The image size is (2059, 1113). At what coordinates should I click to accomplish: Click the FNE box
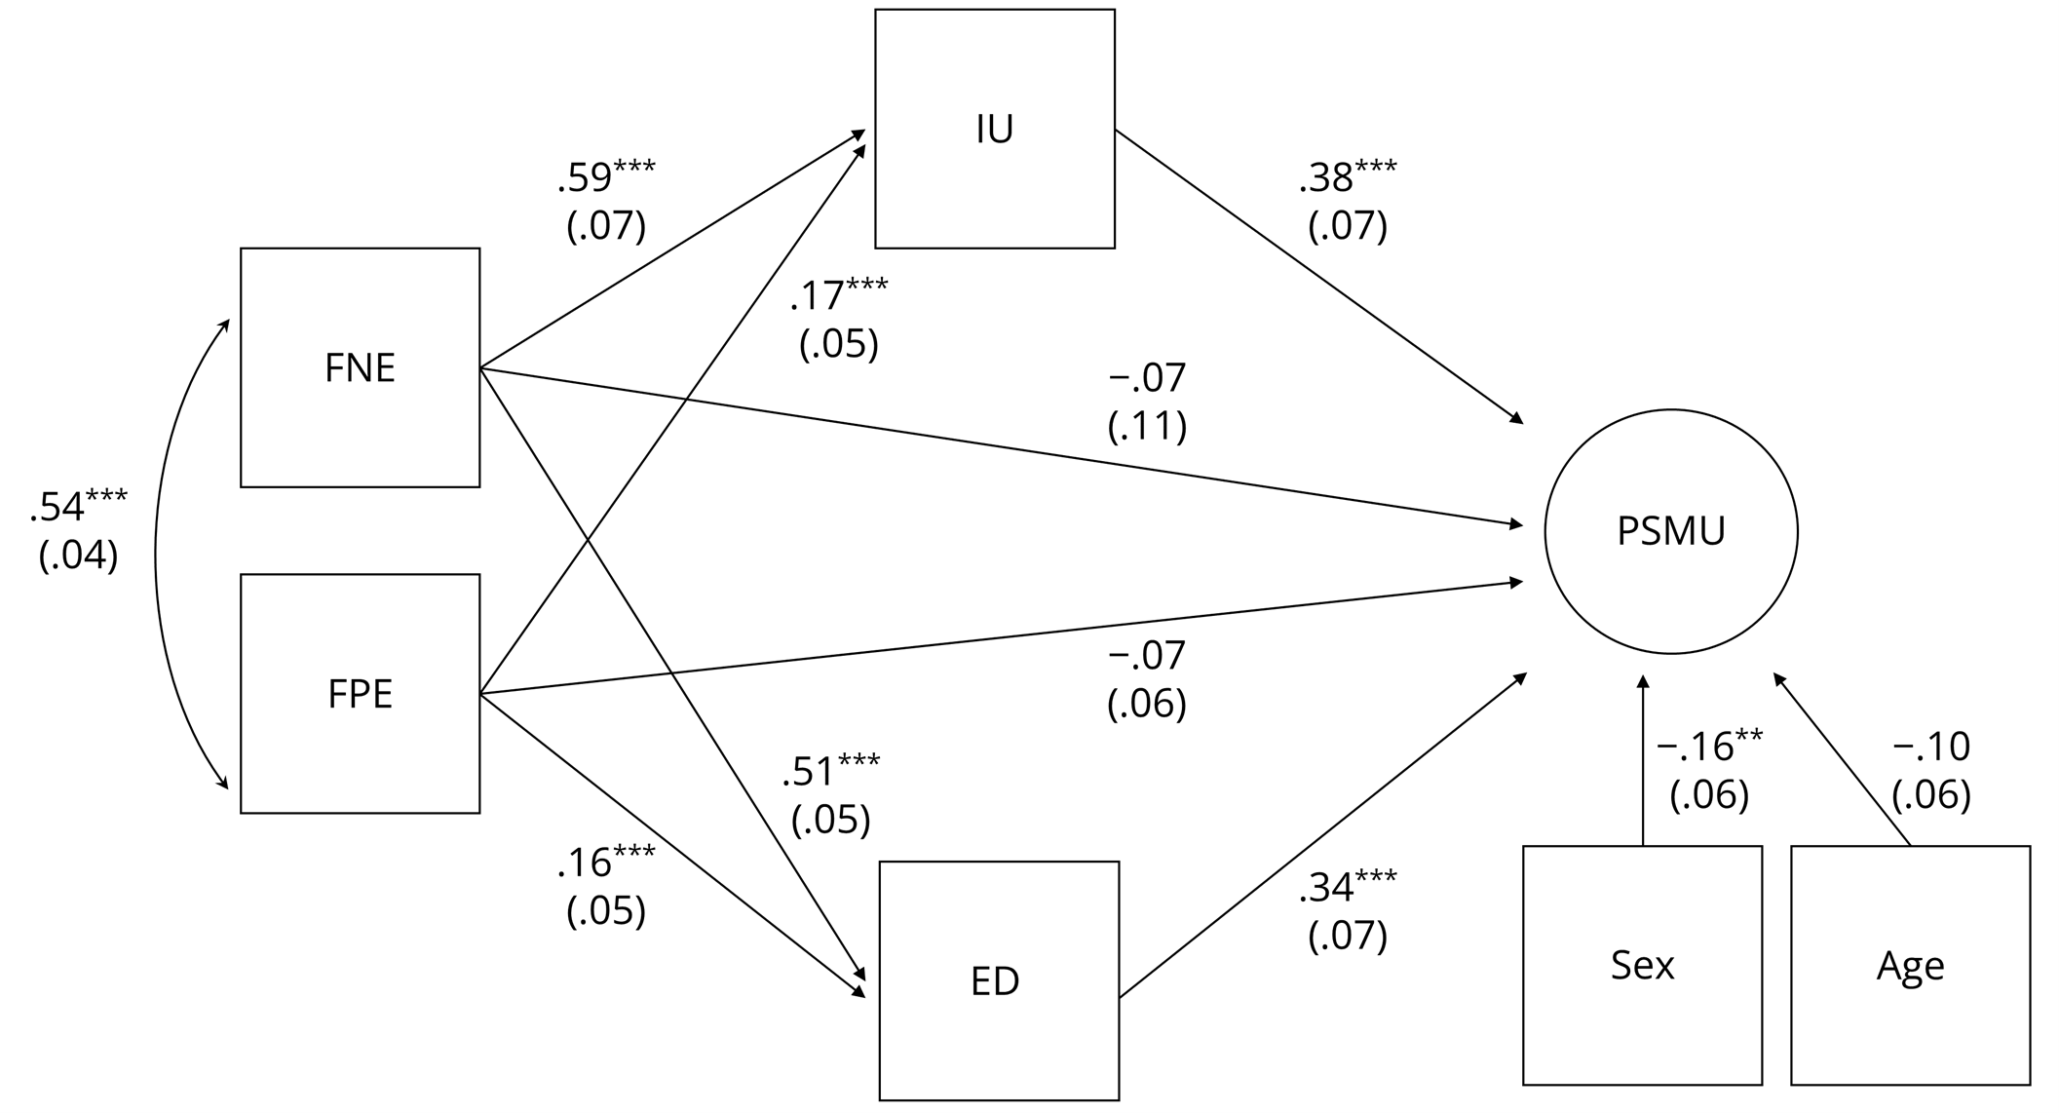(360, 367)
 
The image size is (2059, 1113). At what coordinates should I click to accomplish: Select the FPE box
(360, 693)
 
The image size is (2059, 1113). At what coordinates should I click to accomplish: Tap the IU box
(994, 129)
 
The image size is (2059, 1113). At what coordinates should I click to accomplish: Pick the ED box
(998, 980)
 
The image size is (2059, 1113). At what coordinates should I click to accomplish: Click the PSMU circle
(1670, 531)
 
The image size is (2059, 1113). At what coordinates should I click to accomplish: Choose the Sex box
(1642, 965)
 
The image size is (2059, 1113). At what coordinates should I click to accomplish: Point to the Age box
(1910, 965)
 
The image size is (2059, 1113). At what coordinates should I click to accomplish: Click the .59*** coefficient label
(606, 177)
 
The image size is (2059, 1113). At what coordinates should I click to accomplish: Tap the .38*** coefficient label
(1348, 177)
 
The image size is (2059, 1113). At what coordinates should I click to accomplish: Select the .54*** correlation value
(78, 507)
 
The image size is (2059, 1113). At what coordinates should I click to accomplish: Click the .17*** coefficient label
(838, 295)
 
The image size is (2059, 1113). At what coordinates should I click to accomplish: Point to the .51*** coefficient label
(830, 771)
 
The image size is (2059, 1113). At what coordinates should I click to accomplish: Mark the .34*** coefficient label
(1348, 887)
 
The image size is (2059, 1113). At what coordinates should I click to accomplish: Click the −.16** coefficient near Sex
(1709, 747)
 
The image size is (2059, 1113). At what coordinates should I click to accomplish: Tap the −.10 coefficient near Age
(1931, 747)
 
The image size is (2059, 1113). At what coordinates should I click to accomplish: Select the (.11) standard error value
(1147, 426)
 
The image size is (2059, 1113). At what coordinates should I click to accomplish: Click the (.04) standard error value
(78, 555)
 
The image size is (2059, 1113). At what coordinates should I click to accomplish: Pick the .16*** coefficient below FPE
(606, 863)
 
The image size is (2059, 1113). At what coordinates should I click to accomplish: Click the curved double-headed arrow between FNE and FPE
(157, 556)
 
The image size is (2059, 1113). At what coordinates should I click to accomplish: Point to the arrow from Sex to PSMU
(1643, 760)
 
